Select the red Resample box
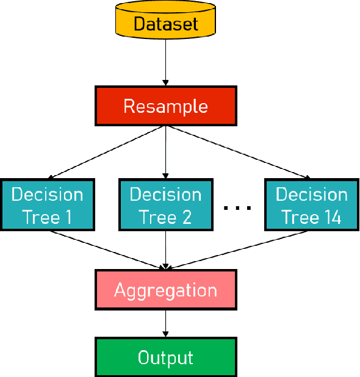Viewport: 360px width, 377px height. click(165, 106)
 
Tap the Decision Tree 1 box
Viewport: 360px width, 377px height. click(47, 206)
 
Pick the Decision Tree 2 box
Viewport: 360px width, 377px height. click(165, 206)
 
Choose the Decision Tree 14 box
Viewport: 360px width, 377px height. click(311, 206)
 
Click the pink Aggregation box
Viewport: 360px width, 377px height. click(165, 289)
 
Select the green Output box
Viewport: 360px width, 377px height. click(165, 357)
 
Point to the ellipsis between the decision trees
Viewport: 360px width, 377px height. click(237, 208)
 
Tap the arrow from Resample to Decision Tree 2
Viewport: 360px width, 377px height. click(165, 153)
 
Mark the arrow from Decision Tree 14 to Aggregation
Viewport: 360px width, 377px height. click(238, 250)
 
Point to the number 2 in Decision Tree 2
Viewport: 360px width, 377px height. click(187, 218)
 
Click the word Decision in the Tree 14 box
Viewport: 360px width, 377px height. click(311, 195)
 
